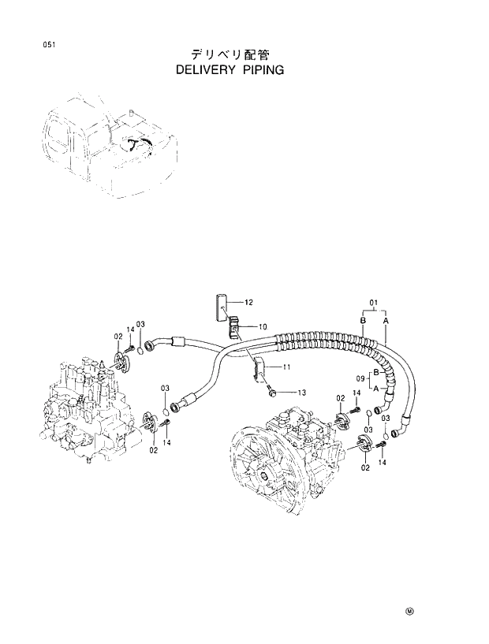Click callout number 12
click(x=248, y=302)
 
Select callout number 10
click(x=263, y=326)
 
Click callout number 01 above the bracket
click(x=374, y=300)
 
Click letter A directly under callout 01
click(x=386, y=321)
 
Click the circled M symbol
click(x=409, y=610)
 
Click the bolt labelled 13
click(x=271, y=392)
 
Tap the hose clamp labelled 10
click(x=235, y=326)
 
